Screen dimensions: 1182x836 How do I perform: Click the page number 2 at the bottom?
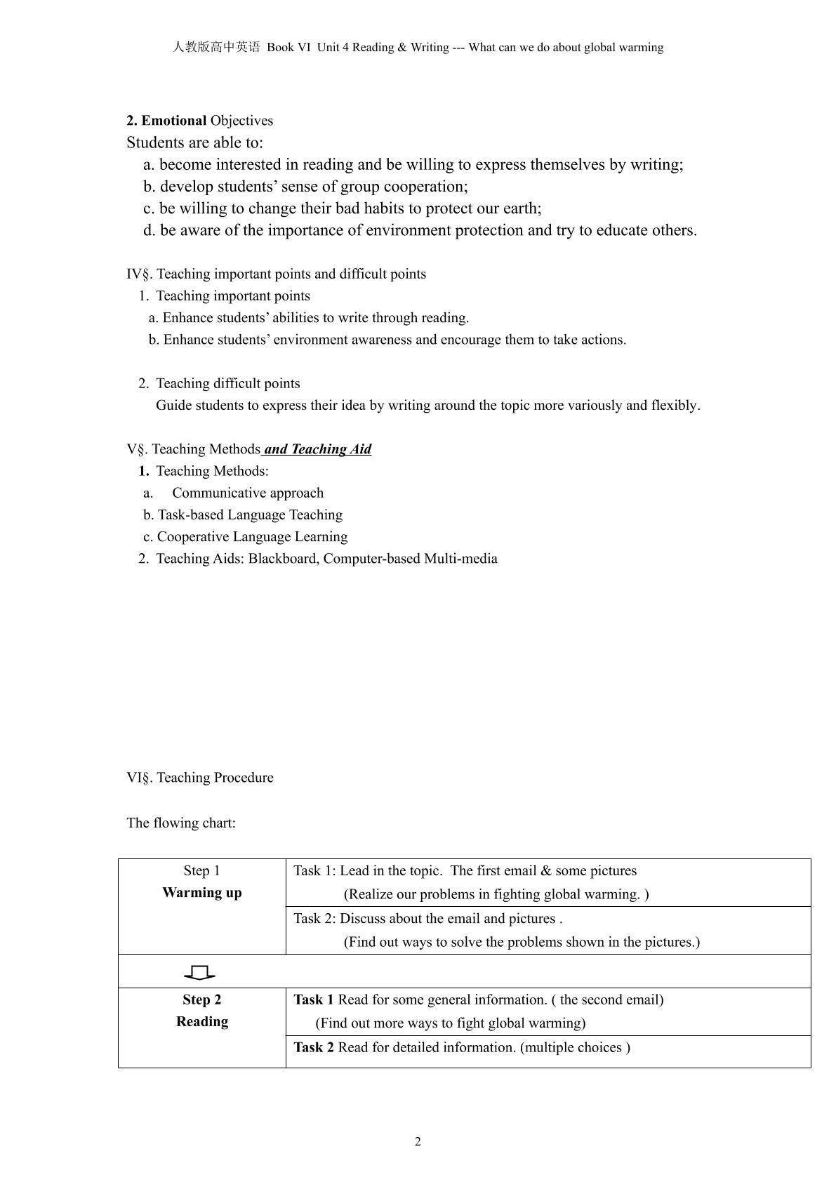click(418, 1141)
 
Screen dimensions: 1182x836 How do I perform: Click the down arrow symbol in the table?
click(200, 972)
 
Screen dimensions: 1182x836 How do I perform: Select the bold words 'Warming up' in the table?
click(202, 893)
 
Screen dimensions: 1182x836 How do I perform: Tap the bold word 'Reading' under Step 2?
click(202, 1021)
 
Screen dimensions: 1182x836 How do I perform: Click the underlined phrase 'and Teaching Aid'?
click(317, 449)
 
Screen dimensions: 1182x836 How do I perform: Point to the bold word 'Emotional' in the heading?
click(174, 121)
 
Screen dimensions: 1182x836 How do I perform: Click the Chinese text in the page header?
click(216, 48)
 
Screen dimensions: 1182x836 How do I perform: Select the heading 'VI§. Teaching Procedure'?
click(200, 778)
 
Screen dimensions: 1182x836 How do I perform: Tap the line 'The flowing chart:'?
click(181, 823)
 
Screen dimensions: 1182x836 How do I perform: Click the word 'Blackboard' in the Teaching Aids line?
click(282, 559)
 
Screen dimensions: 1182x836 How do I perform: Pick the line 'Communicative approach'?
click(248, 493)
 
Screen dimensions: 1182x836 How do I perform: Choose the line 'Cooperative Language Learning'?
click(252, 537)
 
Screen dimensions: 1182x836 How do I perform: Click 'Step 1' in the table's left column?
click(202, 871)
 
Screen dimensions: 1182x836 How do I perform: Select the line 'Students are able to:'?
click(195, 143)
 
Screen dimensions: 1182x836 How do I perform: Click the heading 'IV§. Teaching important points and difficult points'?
click(277, 274)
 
